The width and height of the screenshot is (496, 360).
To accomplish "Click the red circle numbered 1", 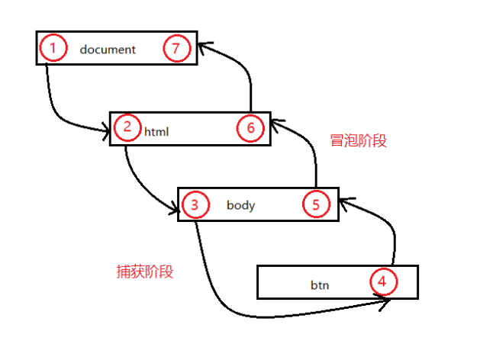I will (x=53, y=50).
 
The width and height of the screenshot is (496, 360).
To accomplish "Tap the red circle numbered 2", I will (x=127, y=127).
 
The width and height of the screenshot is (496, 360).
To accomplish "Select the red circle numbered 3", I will (x=195, y=204).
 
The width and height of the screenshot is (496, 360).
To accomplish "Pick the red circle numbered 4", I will (x=383, y=282).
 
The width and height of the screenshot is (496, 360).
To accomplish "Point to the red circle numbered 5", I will (x=315, y=204).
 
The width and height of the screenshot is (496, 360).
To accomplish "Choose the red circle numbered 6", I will (x=250, y=127).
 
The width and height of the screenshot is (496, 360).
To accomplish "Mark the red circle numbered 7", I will (x=176, y=50).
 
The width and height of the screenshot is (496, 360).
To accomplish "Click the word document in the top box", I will (x=107, y=50).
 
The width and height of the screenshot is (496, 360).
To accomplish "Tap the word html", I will (x=156, y=131).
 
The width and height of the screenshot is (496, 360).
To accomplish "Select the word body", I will (x=240, y=205).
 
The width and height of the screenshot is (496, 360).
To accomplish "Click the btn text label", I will (x=319, y=286).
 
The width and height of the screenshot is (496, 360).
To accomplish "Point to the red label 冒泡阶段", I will (x=358, y=140).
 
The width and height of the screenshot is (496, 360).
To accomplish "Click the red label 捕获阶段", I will (x=145, y=272).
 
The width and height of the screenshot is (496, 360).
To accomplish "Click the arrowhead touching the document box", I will (x=201, y=47).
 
